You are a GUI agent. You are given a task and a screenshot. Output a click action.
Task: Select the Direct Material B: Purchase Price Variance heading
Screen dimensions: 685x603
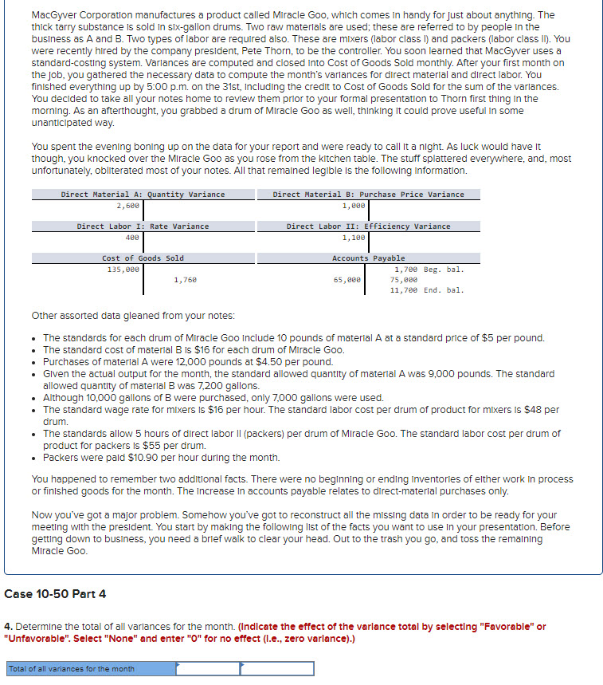pos(368,195)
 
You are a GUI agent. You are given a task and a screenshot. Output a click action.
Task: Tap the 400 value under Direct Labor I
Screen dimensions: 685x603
pos(132,238)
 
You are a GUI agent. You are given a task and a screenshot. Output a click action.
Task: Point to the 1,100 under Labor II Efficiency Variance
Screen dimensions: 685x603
pos(354,238)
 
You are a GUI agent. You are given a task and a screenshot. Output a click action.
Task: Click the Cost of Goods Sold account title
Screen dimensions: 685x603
pos(143,258)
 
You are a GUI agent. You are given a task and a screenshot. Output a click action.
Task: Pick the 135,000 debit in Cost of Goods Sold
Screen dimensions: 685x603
pos(123,270)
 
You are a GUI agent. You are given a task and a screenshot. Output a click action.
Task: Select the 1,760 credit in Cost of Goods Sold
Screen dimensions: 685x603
pos(185,280)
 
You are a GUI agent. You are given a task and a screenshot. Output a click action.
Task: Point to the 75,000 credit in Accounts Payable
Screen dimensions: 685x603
pos(403,280)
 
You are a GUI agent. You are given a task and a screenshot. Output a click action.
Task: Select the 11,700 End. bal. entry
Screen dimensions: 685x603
pos(426,290)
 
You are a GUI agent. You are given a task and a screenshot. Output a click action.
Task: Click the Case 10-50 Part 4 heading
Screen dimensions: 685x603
pos(55,594)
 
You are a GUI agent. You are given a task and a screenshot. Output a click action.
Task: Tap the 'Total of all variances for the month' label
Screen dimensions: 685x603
pos(72,668)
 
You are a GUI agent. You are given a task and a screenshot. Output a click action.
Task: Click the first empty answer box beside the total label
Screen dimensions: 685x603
pos(207,668)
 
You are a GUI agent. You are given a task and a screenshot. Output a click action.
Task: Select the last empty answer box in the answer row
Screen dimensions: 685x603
pos(277,668)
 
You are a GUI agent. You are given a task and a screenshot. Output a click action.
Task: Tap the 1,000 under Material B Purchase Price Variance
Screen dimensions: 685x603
pos(353,206)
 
